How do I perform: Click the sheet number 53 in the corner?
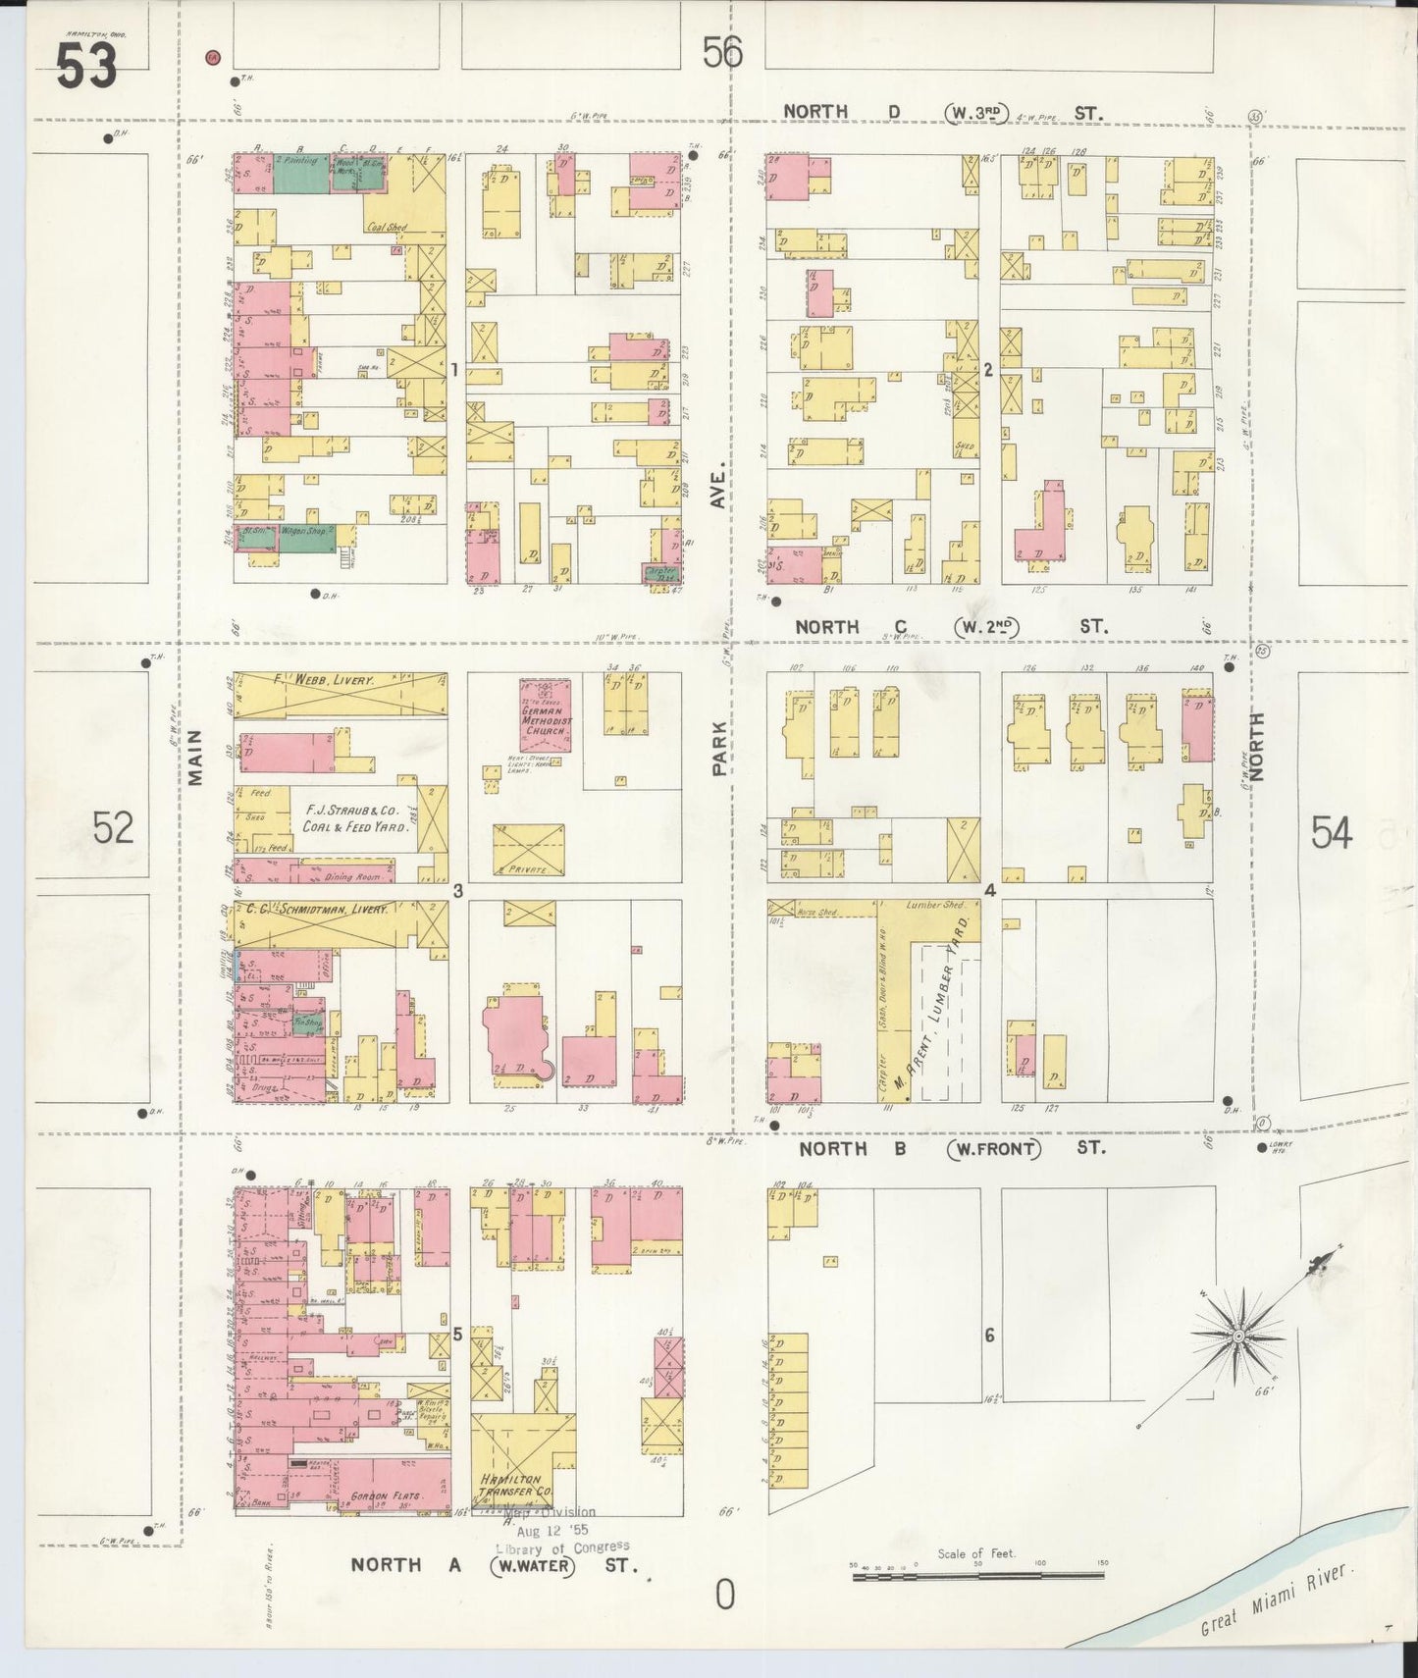click(x=86, y=67)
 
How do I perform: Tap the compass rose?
click(x=1238, y=1337)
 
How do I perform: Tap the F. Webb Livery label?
click(x=334, y=679)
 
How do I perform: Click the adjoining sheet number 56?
click(x=721, y=52)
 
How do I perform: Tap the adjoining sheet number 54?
click(x=1332, y=833)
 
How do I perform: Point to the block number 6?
click(x=990, y=1335)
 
